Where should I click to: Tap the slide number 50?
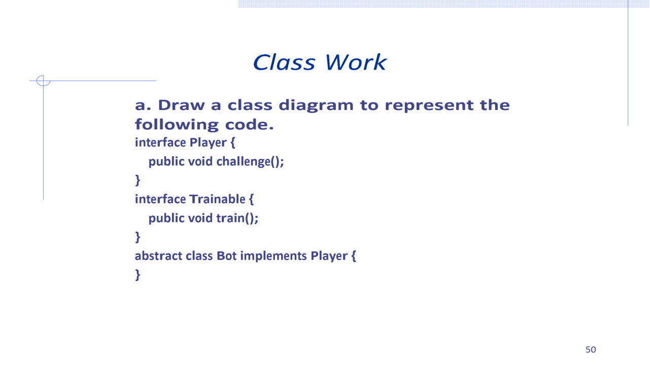591,349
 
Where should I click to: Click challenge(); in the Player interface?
250,162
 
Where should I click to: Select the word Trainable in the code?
217,199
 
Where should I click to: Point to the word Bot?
226,255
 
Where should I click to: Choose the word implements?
273,256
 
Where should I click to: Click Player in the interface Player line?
208,143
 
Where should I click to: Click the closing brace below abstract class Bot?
138,275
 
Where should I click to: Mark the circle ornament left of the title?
44,81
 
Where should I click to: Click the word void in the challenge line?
200,162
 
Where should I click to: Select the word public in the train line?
166,218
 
